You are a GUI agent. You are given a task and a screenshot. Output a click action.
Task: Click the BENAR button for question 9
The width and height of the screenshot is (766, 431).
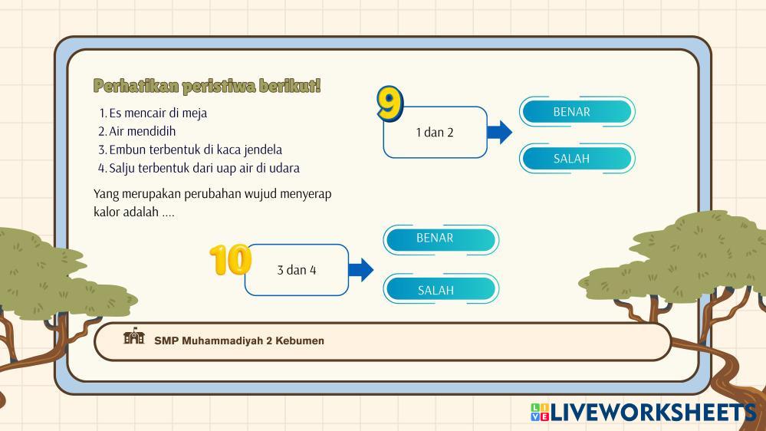(577, 111)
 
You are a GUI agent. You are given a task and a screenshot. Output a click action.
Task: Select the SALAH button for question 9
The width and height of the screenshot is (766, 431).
(577, 158)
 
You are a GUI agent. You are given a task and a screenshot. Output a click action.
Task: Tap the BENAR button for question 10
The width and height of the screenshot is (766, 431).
(441, 239)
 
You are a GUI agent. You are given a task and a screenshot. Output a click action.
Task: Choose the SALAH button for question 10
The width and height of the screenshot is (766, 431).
(441, 289)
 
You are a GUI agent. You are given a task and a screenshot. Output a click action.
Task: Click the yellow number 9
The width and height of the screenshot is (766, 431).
(390, 103)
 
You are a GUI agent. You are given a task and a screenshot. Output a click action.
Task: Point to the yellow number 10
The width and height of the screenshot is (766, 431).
(230, 259)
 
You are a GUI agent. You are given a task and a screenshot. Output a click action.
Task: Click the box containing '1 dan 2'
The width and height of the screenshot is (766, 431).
(436, 132)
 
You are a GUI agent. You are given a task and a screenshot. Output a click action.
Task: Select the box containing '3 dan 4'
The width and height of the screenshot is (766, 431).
(297, 270)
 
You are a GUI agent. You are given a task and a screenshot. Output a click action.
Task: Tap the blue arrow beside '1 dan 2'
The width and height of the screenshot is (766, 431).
(499, 132)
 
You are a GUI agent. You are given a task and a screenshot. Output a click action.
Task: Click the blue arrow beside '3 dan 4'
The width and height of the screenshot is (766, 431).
(361, 270)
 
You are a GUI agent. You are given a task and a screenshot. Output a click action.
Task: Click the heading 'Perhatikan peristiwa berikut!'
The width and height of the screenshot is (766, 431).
(207, 86)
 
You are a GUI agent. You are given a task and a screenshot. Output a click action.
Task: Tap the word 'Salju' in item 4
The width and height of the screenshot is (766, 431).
(122, 168)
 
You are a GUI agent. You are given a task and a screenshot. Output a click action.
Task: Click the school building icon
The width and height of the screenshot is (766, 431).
(134, 336)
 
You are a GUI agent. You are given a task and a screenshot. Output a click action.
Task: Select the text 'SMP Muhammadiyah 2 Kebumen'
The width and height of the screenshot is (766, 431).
(239, 341)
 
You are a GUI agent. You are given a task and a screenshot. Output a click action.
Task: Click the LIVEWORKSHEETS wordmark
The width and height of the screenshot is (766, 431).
(653, 413)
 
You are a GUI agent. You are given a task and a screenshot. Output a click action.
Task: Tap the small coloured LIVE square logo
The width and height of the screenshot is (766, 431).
(539, 412)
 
